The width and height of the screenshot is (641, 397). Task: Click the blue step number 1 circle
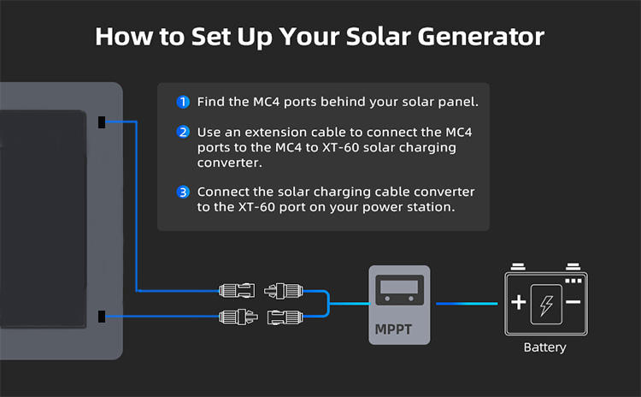183,102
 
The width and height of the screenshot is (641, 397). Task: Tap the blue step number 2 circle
183,132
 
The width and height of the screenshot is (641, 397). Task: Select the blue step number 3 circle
183,192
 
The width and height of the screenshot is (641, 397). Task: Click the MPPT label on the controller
393,329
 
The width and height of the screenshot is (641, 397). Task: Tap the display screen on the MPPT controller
399,287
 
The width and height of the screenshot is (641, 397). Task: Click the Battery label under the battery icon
545,347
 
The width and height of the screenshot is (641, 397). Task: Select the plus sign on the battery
519,302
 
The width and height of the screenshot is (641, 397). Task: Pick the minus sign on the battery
573,302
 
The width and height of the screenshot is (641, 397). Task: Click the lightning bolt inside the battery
546,305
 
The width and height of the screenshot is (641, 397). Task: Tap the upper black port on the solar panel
102,122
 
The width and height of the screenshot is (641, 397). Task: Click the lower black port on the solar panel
102,317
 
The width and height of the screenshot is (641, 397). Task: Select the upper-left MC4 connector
237,291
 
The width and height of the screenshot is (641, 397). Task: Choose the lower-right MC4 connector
285,317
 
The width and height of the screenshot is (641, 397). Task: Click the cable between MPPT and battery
467,304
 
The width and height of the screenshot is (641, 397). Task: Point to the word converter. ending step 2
230,163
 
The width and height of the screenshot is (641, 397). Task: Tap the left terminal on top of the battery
518,267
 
